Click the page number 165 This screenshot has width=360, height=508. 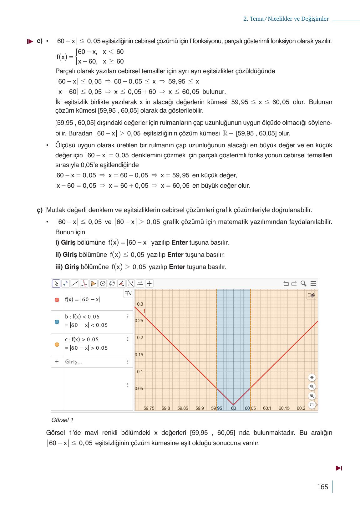point(322,487)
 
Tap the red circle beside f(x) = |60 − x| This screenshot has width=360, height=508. point(57,300)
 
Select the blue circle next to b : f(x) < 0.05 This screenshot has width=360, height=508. point(57,322)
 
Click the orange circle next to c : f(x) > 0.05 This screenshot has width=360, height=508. point(57,344)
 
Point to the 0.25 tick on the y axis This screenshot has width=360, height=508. point(139,321)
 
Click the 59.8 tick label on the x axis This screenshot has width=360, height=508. point(166,408)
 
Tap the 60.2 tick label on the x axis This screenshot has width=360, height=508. point(301,408)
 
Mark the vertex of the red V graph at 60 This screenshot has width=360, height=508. point(233,405)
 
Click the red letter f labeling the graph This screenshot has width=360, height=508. point(144,311)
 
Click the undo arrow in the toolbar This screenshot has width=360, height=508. point(286,284)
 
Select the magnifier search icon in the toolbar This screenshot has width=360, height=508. point(303,284)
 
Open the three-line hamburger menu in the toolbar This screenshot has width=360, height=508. point(313,284)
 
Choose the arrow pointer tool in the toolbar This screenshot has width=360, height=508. point(56,284)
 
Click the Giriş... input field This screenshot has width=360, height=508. point(74,362)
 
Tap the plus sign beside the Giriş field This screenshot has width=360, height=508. point(57,362)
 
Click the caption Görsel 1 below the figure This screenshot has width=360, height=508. point(62,420)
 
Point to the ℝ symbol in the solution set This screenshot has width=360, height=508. point(225,133)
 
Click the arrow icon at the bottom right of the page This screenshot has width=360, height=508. point(339,468)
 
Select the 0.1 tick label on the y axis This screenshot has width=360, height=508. point(139,372)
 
